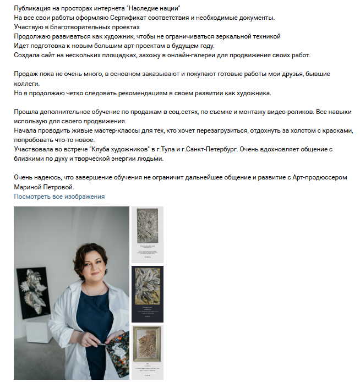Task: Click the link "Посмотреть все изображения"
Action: (x=59, y=197)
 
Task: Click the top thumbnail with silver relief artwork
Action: (x=147, y=234)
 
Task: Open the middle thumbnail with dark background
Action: (x=147, y=294)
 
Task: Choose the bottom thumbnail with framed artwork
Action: (x=147, y=352)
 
